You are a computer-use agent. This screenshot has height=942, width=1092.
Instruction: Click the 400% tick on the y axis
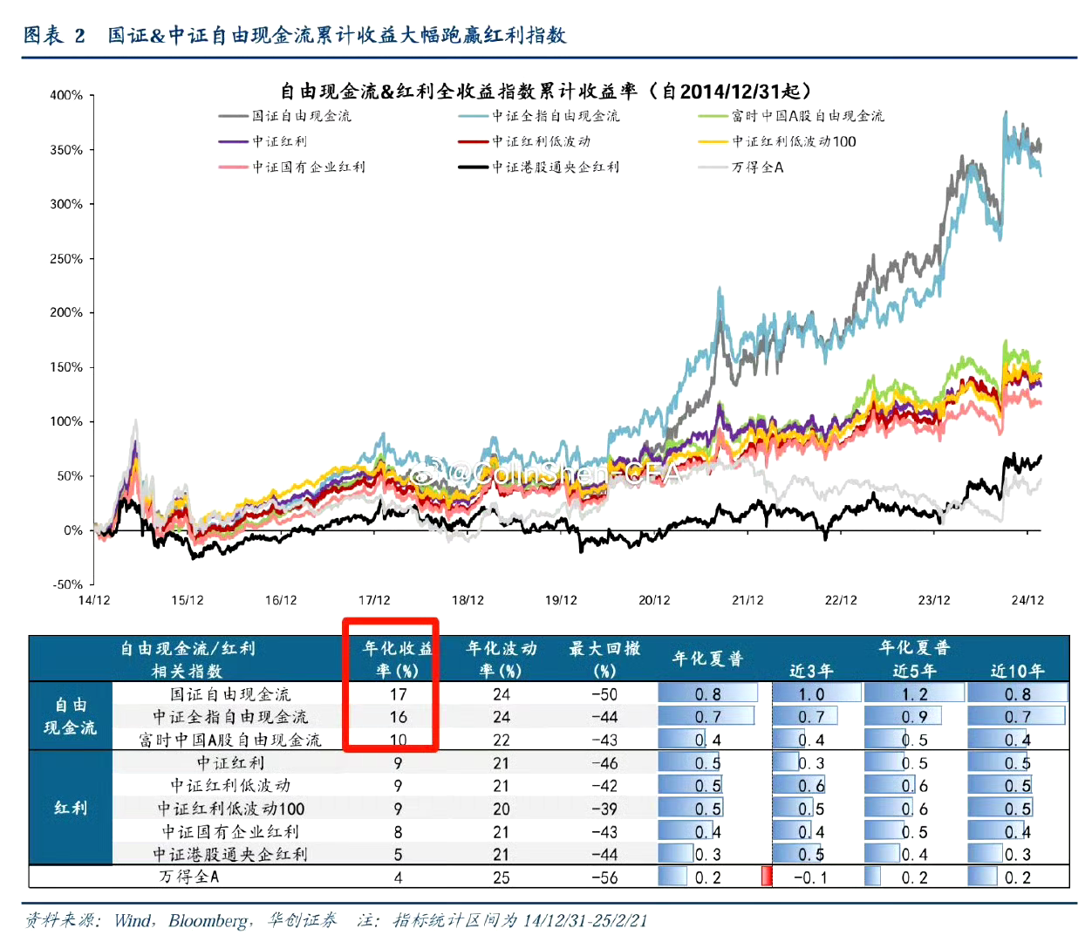coord(66,95)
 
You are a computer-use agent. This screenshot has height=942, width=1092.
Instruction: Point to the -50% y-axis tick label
coord(68,584)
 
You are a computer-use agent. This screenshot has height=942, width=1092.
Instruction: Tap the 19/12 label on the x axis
coord(561,600)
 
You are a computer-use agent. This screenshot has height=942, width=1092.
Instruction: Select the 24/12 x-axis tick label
coord(1027,600)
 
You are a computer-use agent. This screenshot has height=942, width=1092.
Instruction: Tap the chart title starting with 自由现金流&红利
coord(546,92)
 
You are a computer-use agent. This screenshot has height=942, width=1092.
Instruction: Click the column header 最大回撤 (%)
coord(604,659)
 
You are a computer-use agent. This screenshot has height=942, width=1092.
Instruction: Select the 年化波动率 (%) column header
coord(501,659)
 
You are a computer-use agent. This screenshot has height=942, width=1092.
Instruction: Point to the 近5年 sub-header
coord(914,671)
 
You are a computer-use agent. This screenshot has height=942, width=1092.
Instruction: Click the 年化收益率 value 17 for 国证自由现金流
coord(398,694)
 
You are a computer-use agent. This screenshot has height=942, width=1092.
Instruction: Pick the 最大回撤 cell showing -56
coord(604,877)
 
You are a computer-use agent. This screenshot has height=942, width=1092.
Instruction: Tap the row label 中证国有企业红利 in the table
coord(230,831)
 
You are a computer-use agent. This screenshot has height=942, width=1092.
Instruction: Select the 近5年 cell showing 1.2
coord(914,694)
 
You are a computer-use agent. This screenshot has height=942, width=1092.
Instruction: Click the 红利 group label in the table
coord(71,808)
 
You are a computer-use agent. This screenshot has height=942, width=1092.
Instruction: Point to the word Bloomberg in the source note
coord(208,921)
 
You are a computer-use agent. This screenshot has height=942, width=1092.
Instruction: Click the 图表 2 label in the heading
coord(54,35)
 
